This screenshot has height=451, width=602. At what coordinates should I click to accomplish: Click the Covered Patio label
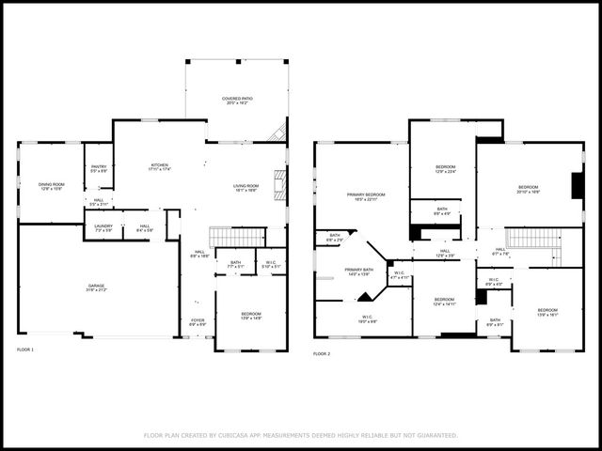(237, 100)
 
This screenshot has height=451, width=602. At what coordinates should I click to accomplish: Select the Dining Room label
(50, 186)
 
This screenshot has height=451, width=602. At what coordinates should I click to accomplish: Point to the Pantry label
(99, 169)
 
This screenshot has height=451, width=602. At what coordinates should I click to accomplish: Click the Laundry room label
(103, 226)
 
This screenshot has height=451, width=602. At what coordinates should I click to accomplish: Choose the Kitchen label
(160, 167)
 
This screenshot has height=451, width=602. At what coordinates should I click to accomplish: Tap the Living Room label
(246, 188)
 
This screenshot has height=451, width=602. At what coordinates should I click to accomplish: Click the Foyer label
(198, 321)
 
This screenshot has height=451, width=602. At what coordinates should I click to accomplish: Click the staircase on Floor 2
(532, 237)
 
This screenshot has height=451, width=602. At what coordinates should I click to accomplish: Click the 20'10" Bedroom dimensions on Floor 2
(528, 192)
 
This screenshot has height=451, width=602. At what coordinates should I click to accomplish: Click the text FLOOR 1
(25, 350)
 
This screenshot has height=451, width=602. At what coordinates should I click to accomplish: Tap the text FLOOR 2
(322, 354)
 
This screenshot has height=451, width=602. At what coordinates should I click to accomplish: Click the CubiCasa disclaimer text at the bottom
(301, 435)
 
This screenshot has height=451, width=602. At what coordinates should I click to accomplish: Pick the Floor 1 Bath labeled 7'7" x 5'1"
(235, 264)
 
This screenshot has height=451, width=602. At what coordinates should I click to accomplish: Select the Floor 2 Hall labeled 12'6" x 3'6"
(445, 253)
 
